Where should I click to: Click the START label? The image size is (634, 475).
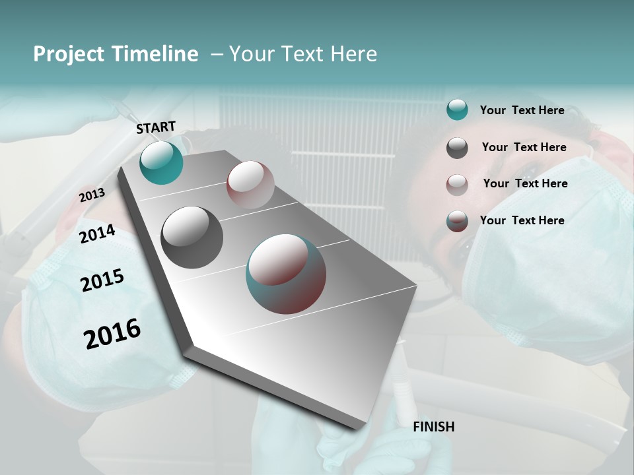point(156,127)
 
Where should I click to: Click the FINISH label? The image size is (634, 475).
point(434,427)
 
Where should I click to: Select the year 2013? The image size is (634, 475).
point(92,195)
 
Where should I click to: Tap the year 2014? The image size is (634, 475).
point(97,234)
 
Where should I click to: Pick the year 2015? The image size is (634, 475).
point(102,280)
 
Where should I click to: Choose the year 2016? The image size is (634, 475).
point(112,333)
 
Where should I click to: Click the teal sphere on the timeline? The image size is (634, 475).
point(161,162)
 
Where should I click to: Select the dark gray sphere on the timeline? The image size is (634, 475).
point(192,237)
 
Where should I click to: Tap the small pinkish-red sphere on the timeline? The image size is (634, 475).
point(250,185)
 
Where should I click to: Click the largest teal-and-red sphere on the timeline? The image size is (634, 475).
point(286,274)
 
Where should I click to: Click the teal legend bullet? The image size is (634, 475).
point(457,110)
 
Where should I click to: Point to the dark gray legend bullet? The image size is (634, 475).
point(457,147)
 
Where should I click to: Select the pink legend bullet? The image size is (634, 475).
point(457,184)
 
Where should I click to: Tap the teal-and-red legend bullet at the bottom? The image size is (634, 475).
point(457,221)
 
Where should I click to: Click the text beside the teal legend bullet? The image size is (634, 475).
point(522,110)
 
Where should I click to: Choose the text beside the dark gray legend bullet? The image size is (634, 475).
point(524,147)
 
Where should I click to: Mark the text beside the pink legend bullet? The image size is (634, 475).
point(525,183)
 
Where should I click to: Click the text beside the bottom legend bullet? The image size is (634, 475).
point(522,220)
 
